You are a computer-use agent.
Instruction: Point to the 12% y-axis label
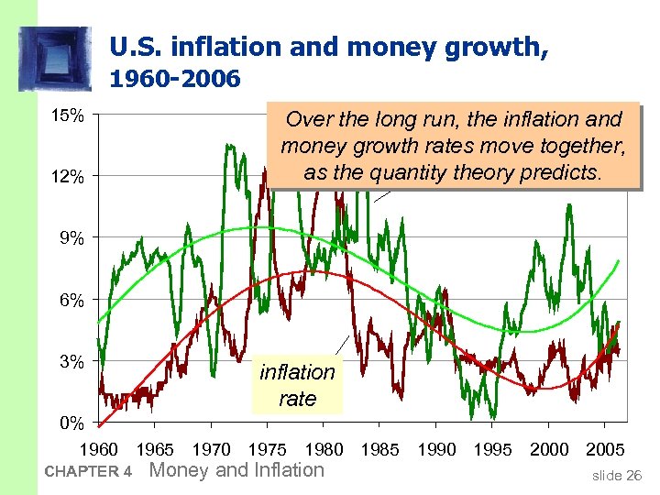[x=69, y=177]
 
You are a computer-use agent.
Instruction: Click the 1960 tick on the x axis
[x=100, y=450]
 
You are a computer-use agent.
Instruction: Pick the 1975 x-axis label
[x=268, y=450]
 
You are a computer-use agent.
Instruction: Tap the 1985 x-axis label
[x=379, y=450]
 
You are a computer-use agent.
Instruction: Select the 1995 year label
[x=492, y=450]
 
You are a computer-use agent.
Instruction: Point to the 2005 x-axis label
[x=604, y=450]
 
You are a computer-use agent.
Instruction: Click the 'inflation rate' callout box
[x=297, y=385]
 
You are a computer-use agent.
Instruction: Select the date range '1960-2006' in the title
[x=174, y=80]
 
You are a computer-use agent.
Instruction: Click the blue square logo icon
[x=55, y=59]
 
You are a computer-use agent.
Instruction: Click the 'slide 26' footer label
[x=617, y=475]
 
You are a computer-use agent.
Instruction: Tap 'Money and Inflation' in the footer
[x=236, y=470]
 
